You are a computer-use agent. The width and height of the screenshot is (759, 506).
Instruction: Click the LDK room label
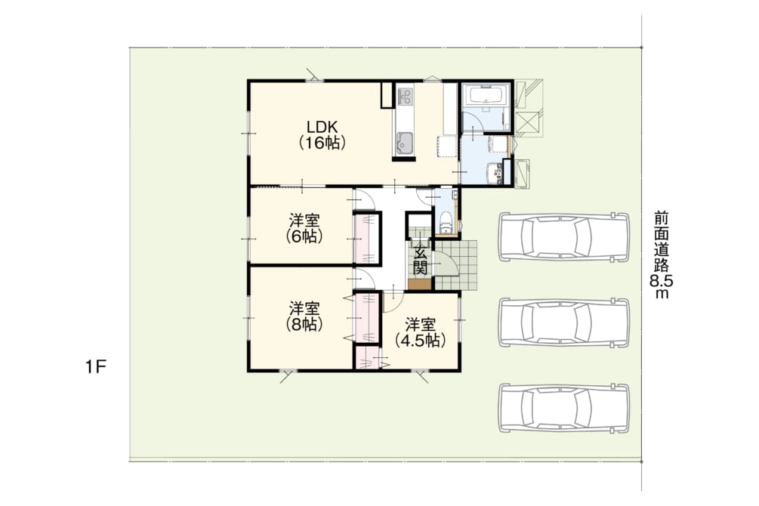tap(322, 127)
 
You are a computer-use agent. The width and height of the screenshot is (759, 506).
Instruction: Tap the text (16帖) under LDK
tap(322, 143)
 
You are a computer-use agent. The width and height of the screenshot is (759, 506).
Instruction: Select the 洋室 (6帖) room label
tap(304, 229)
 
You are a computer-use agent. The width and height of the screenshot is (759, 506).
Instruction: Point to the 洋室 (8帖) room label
tap(304, 316)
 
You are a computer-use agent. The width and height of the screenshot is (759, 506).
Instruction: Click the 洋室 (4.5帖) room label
tap(420, 332)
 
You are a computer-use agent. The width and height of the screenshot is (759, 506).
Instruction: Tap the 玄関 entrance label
tap(420, 260)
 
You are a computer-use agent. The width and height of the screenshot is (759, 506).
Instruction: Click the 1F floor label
tap(96, 368)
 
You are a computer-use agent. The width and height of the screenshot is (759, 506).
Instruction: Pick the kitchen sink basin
tap(404, 143)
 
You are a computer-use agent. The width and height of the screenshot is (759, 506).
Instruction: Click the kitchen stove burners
tap(404, 95)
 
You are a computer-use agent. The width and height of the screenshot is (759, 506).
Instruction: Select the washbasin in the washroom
tap(494, 173)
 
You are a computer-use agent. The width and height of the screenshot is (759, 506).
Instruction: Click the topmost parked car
tap(564, 237)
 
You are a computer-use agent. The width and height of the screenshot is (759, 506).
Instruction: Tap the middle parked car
tap(564, 322)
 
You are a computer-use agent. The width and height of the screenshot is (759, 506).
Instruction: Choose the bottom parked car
tap(564, 408)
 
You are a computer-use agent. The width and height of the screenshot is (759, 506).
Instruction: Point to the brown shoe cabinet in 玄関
tap(419, 285)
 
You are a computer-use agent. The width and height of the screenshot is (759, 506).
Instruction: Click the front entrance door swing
tap(444, 264)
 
